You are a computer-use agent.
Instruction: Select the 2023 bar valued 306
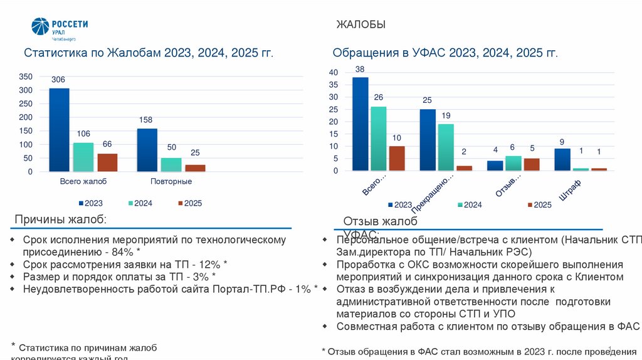click(59, 129)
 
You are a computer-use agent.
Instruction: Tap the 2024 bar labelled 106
click(83, 157)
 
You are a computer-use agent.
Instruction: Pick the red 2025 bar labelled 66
click(107, 162)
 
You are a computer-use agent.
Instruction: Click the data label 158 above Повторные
click(146, 120)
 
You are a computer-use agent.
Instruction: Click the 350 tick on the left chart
click(26, 77)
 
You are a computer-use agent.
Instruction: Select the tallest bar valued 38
click(360, 124)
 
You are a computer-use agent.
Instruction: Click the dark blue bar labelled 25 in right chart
click(428, 139)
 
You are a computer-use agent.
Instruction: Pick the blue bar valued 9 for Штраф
click(562, 159)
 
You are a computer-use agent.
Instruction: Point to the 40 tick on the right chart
click(333, 73)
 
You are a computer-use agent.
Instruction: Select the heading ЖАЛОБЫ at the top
click(360, 25)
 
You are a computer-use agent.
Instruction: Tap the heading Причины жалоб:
click(61, 219)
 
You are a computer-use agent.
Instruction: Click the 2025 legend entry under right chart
click(538, 204)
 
